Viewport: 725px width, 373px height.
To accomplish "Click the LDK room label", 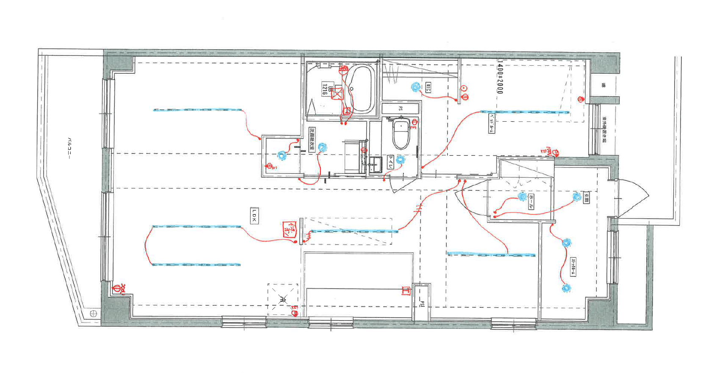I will [x=254, y=215].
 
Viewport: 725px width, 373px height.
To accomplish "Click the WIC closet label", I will [x=428, y=88].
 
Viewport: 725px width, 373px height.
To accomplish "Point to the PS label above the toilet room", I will [x=400, y=109].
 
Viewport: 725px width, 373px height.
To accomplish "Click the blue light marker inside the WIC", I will [x=416, y=87].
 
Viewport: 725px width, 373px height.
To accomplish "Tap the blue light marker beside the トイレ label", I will [x=400, y=160].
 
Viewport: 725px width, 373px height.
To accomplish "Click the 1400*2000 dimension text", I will [x=500, y=77].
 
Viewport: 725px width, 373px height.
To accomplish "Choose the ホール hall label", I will [x=531, y=203].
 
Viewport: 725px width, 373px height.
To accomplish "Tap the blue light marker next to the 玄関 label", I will [x=576, y=197].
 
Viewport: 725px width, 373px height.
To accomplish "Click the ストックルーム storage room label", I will [x=573, y=267].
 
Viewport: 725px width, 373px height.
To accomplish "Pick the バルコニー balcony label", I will [x=70, y=148].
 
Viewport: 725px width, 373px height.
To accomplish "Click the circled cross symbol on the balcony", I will [x=94, y=314].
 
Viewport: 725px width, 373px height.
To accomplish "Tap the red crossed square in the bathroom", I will [x=338, y=93].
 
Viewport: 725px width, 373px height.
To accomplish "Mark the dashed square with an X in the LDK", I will [x=282, y=299].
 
